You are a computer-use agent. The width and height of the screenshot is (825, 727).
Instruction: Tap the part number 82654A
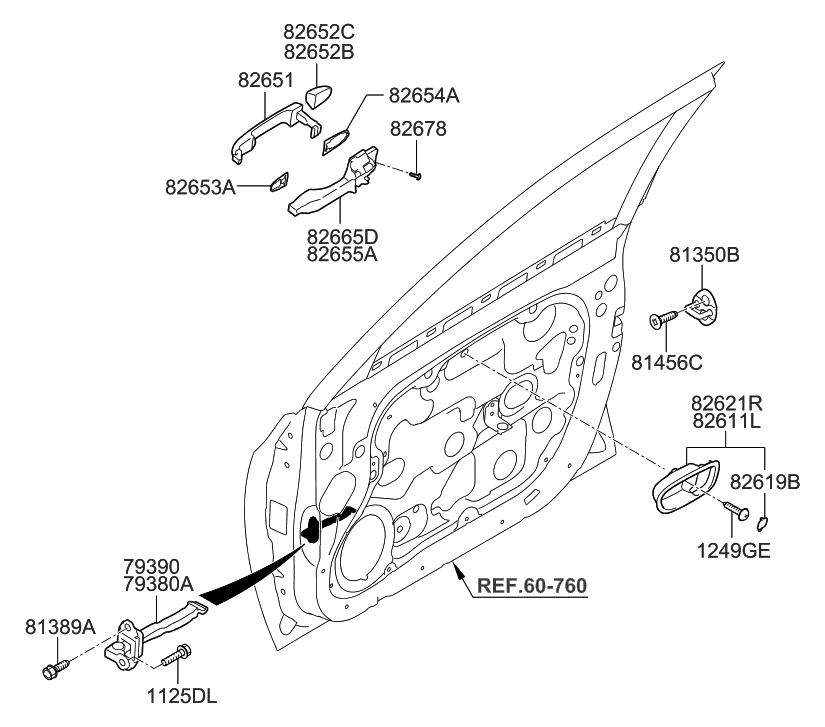coord(424,96)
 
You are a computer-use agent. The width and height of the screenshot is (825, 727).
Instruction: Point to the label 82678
coord(418,129)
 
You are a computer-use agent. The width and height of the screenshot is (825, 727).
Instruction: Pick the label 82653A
coord(200,186)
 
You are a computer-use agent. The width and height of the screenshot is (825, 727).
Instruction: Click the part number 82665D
coord(343,236)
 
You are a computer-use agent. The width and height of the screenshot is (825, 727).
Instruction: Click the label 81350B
coord(704,256)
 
